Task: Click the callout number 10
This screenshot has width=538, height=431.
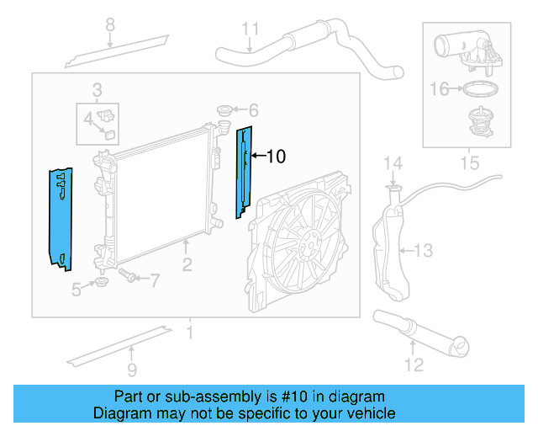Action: (x=277, y=156)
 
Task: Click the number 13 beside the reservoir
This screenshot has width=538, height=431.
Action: (x=423, y=250)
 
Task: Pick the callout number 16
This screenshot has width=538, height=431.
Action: (x=440, y=87)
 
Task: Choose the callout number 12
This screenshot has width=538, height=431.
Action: (x=413, y=364)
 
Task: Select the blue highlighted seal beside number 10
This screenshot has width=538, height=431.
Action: (x=244, y=173)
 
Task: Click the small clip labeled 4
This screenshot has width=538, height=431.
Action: (x=109, y=128)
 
